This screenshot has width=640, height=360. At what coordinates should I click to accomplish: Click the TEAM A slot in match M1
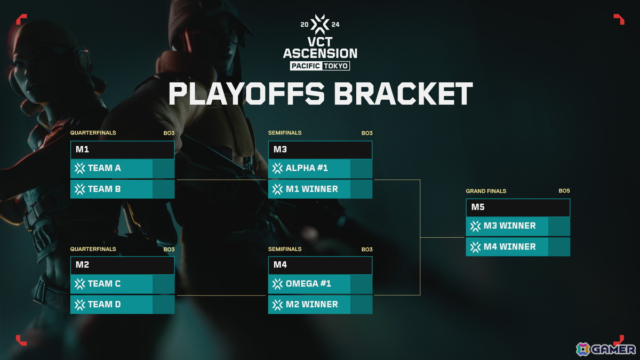tap(122, 169)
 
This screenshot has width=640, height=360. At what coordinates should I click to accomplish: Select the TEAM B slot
tap(122, 189)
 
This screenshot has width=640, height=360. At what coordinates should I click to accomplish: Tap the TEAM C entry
tap(122, 284)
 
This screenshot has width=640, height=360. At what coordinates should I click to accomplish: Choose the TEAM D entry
tap(122, 305)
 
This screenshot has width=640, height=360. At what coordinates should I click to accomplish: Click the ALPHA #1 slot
tap(320, 169)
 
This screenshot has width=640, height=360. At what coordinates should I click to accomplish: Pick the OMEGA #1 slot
tap(320, 284)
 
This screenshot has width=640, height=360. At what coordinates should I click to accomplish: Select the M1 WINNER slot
tap(320, 189)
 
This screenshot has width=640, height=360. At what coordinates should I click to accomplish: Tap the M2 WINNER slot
tap(320, 305)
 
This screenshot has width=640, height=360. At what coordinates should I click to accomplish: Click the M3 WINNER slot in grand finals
tap(518, 226)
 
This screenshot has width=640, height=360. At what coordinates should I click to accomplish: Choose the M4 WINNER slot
tap(518, 247)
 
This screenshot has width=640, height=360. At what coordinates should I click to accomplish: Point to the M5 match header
tap(518, 207)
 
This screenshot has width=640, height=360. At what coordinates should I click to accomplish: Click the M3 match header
tap(320, 150)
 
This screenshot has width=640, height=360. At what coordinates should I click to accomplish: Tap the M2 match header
tap(122, 265)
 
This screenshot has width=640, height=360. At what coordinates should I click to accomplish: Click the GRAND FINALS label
tap(486, 191)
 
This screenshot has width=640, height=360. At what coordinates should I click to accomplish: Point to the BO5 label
tap(564, 190)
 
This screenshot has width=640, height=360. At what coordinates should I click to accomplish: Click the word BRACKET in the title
tap(403, 93)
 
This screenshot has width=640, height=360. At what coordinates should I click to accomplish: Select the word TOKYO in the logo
tap(335, 66)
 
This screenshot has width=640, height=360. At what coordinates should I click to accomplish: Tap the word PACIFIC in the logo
tap(306, 66)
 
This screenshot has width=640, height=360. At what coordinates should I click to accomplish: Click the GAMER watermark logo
tap(605, 349)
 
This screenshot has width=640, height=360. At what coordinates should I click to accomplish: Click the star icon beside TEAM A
tap(79, 169)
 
